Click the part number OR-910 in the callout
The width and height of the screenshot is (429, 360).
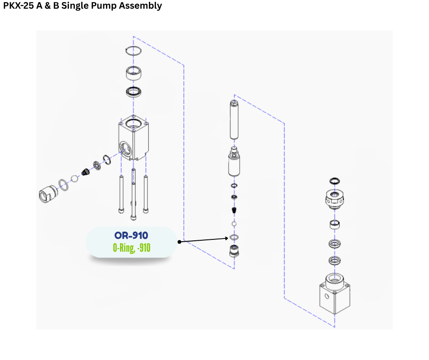point(131,236)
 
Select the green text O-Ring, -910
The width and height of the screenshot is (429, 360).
point(131,248)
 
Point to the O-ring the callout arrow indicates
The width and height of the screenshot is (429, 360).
point(234,238)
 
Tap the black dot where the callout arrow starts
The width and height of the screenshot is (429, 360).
point(179,242)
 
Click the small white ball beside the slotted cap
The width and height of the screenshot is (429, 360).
point(74,178)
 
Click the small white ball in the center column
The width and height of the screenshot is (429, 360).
point(234,224)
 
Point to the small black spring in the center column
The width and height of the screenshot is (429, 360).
point(234,211)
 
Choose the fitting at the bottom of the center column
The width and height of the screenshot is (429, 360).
point(234,251)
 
